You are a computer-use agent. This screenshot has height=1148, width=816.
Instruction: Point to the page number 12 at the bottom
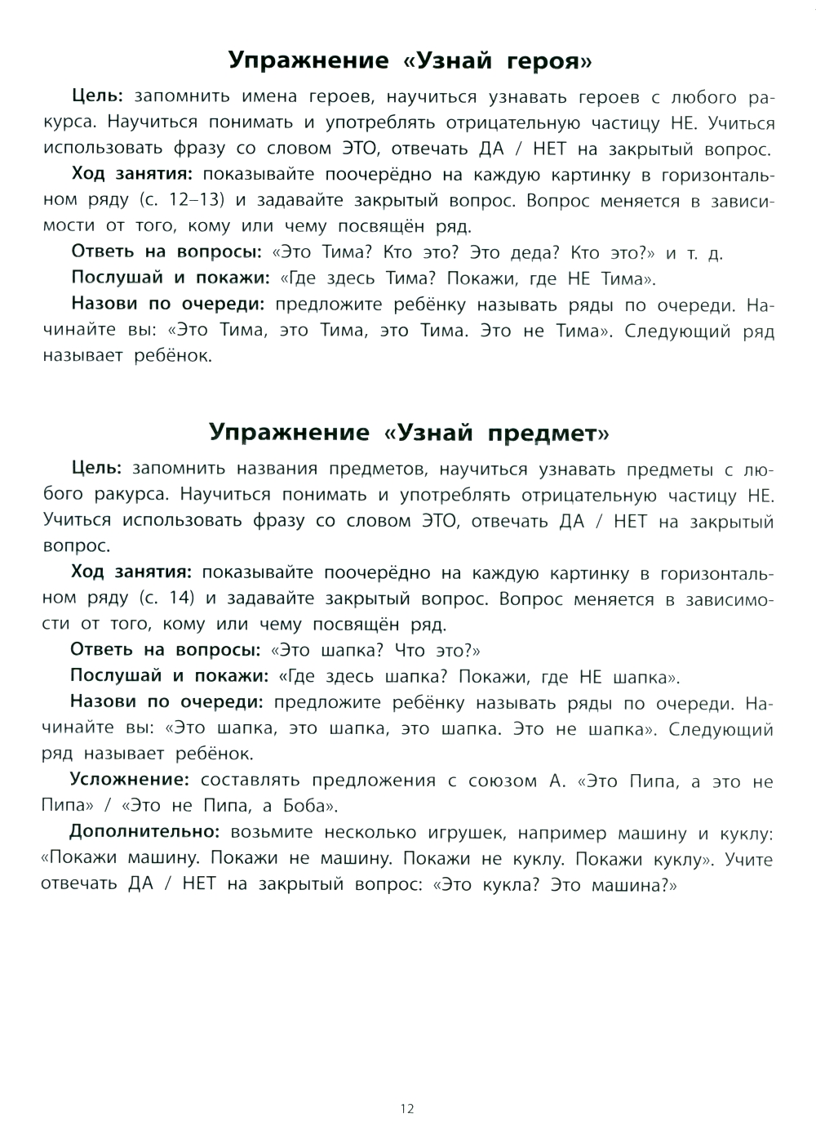[x=407, y=1109]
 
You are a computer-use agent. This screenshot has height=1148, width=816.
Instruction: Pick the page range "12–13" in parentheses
[x=162, y=201]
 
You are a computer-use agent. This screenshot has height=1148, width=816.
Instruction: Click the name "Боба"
[x=309, y=807]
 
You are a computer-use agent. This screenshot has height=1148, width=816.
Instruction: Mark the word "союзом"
[x=494, y=781]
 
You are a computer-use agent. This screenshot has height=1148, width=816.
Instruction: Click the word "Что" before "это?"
[x=409, y=651]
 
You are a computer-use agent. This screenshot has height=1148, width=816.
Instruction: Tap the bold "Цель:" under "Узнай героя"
[x=96, y=98]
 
